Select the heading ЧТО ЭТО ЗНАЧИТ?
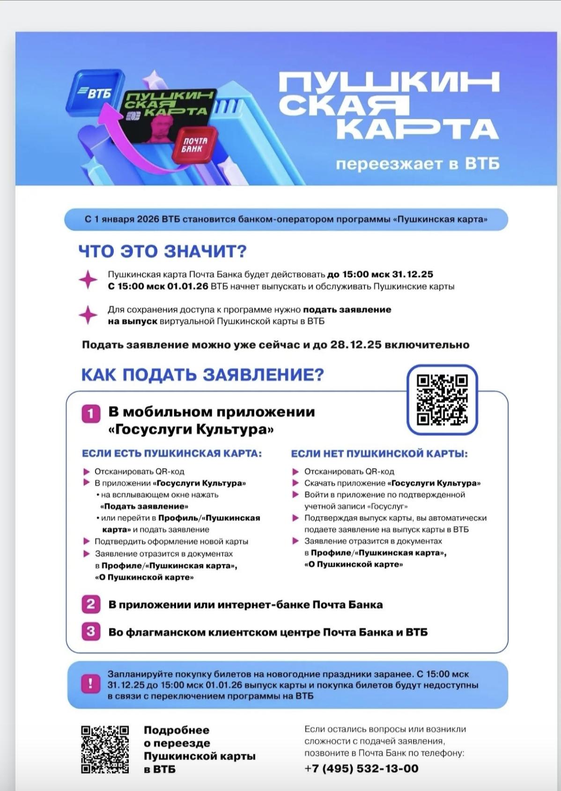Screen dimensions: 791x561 162,251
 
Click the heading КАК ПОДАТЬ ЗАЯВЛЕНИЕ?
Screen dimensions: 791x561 202,375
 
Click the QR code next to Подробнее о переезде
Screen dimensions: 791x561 105,749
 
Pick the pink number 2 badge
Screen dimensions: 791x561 90,604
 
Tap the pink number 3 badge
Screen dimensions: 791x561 90,631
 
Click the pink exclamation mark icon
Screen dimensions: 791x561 90,684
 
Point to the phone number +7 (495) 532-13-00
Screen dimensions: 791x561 361,768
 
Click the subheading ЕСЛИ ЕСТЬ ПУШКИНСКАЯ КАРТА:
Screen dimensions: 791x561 172,454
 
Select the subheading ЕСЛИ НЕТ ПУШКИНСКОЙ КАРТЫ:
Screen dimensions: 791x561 379,454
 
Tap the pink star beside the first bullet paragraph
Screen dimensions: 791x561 88,280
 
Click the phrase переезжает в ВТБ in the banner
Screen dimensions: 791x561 417,164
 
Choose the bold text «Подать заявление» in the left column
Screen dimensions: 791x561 145,506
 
